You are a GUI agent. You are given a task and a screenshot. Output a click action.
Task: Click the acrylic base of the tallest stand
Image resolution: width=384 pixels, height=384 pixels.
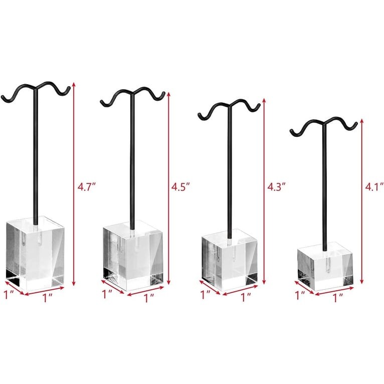coord(35,252)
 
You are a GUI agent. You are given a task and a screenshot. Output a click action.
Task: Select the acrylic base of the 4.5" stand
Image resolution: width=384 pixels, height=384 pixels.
coord(133,256)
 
